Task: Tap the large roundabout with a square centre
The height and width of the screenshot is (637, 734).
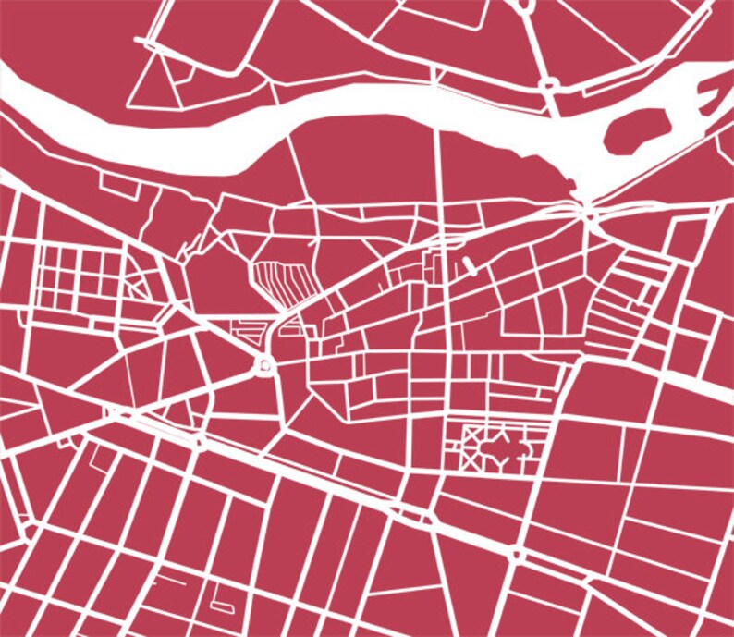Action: click(x=266, y=366)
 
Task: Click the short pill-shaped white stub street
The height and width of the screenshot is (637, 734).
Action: click(x=469, y=266)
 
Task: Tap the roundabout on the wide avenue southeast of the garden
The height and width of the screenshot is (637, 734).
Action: click(x=516, y=555)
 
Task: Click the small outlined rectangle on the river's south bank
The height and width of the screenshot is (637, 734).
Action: click(x=119, y=184)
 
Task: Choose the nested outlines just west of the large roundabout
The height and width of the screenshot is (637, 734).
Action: click(x=243, y=329)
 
